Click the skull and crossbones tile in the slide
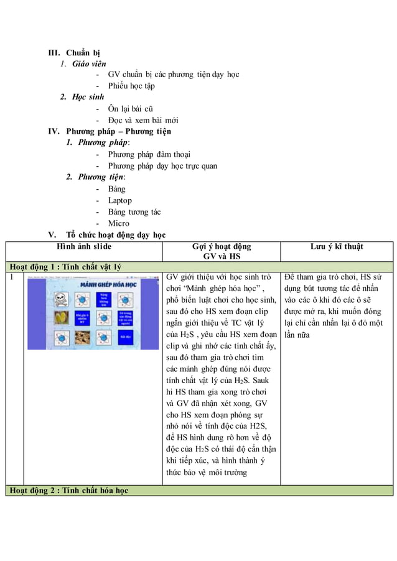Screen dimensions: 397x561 click(62, 299)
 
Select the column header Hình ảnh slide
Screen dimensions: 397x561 click(84, 247)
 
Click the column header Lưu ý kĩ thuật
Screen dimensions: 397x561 click(337, 247)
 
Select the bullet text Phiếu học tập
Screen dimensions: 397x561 click(131, 86)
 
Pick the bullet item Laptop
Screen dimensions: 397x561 click(119, 200)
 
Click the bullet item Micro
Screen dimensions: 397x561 click(118, 223)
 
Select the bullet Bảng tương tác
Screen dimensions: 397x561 click(134, 212)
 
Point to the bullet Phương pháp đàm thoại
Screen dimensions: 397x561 click(149, 154)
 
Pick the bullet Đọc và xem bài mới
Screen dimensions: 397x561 click(139, 120)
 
